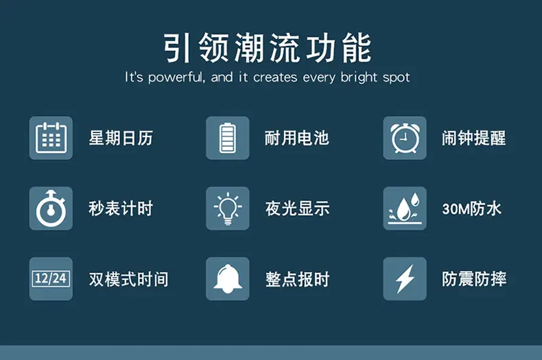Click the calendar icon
[51, 139]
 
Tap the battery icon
[228, 139]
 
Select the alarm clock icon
[405, 139]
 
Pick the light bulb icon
[228, 208]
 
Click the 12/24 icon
[51, 278]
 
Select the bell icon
[228, 278]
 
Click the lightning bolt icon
[405, 278]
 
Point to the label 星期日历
[121, 139]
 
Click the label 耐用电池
[297, 139]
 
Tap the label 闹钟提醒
[474, 139]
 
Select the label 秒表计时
[121, 208]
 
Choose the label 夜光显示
[297, 208]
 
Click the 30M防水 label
[472, 208]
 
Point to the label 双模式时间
[128, 279]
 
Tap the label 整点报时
[297, 279]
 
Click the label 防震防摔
[474, 279]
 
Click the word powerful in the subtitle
[176, 77]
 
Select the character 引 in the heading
[177, 48]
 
